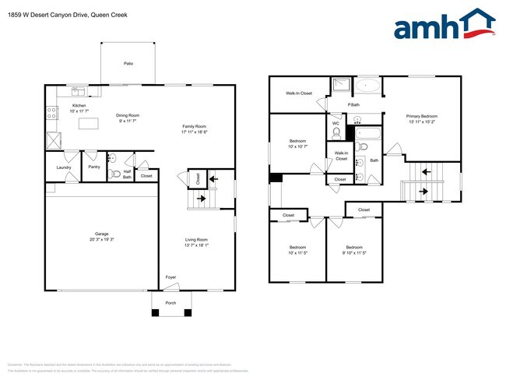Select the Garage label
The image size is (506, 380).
[101, 234]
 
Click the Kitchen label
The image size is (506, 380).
[79, 105]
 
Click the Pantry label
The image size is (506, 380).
[94, 167]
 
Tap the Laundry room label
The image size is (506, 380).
[64, 167]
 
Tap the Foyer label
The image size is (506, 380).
[170, 276]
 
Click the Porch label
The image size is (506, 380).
[170, 304]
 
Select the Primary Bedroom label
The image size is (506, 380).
[422, 117]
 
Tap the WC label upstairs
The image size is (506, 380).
[336, 123]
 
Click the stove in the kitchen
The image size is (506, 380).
[52, 113]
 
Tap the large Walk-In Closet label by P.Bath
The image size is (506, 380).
[299, 93]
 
